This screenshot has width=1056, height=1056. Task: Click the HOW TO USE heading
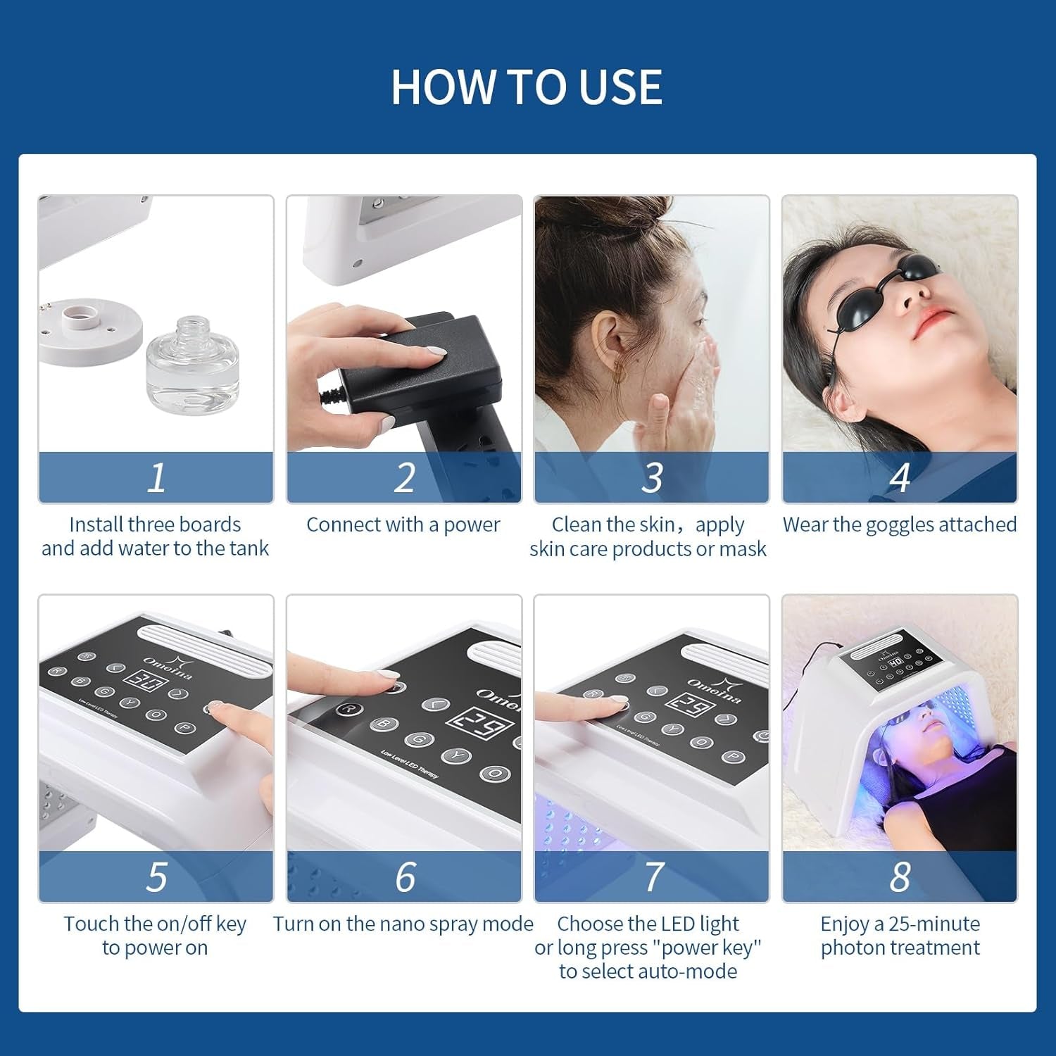tap(527, 87)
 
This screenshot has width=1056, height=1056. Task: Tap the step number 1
tap(156, 477)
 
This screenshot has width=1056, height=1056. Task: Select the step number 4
tap(900, 477)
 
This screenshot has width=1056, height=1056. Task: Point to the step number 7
tap(653, 876)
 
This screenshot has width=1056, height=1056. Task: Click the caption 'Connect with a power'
tap(403, 524)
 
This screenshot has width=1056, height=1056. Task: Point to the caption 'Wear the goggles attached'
tap(900, 524)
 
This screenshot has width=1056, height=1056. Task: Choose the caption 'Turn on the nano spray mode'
tap(403, 924)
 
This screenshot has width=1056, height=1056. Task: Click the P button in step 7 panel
tap(734, 757)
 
